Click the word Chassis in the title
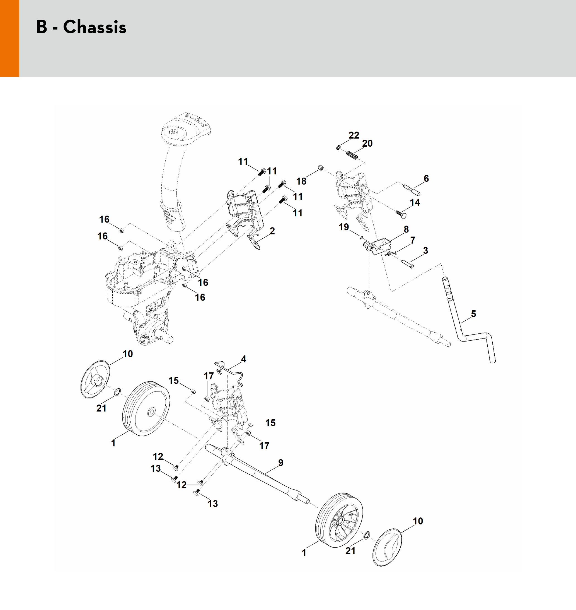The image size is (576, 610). click(95, 27)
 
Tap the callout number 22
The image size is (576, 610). click(354, 135)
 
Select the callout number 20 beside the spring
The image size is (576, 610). click(367, 143)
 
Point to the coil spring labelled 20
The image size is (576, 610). click(352, 155)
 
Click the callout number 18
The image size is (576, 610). click(301, 181)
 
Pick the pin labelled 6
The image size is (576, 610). click(412, 190)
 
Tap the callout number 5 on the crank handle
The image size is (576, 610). click(473, 314)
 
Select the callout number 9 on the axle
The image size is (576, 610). click(281, 463)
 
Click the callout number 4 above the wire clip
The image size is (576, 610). click(243, 359)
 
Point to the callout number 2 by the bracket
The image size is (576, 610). click(272, 231)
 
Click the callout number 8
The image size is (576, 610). click(406, 229)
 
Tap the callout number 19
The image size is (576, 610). click(343, 227)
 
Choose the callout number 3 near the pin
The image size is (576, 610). click(425, 251)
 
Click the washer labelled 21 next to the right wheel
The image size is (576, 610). click(366, 536)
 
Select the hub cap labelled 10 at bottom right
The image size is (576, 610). click(387, 547)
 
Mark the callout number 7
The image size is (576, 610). click(413, 240)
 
